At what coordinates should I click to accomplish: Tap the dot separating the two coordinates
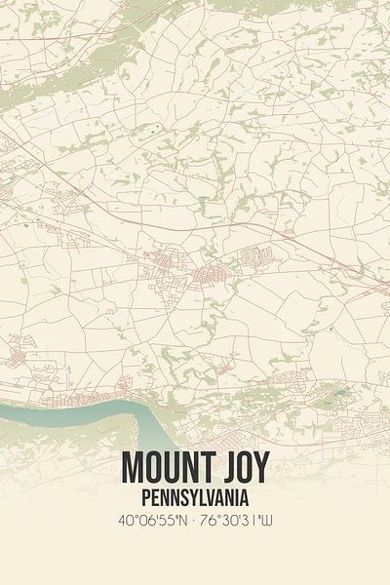pos(195,523)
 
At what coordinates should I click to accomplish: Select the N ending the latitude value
pos(181,523)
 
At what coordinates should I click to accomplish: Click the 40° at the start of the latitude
pos(123,523)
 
